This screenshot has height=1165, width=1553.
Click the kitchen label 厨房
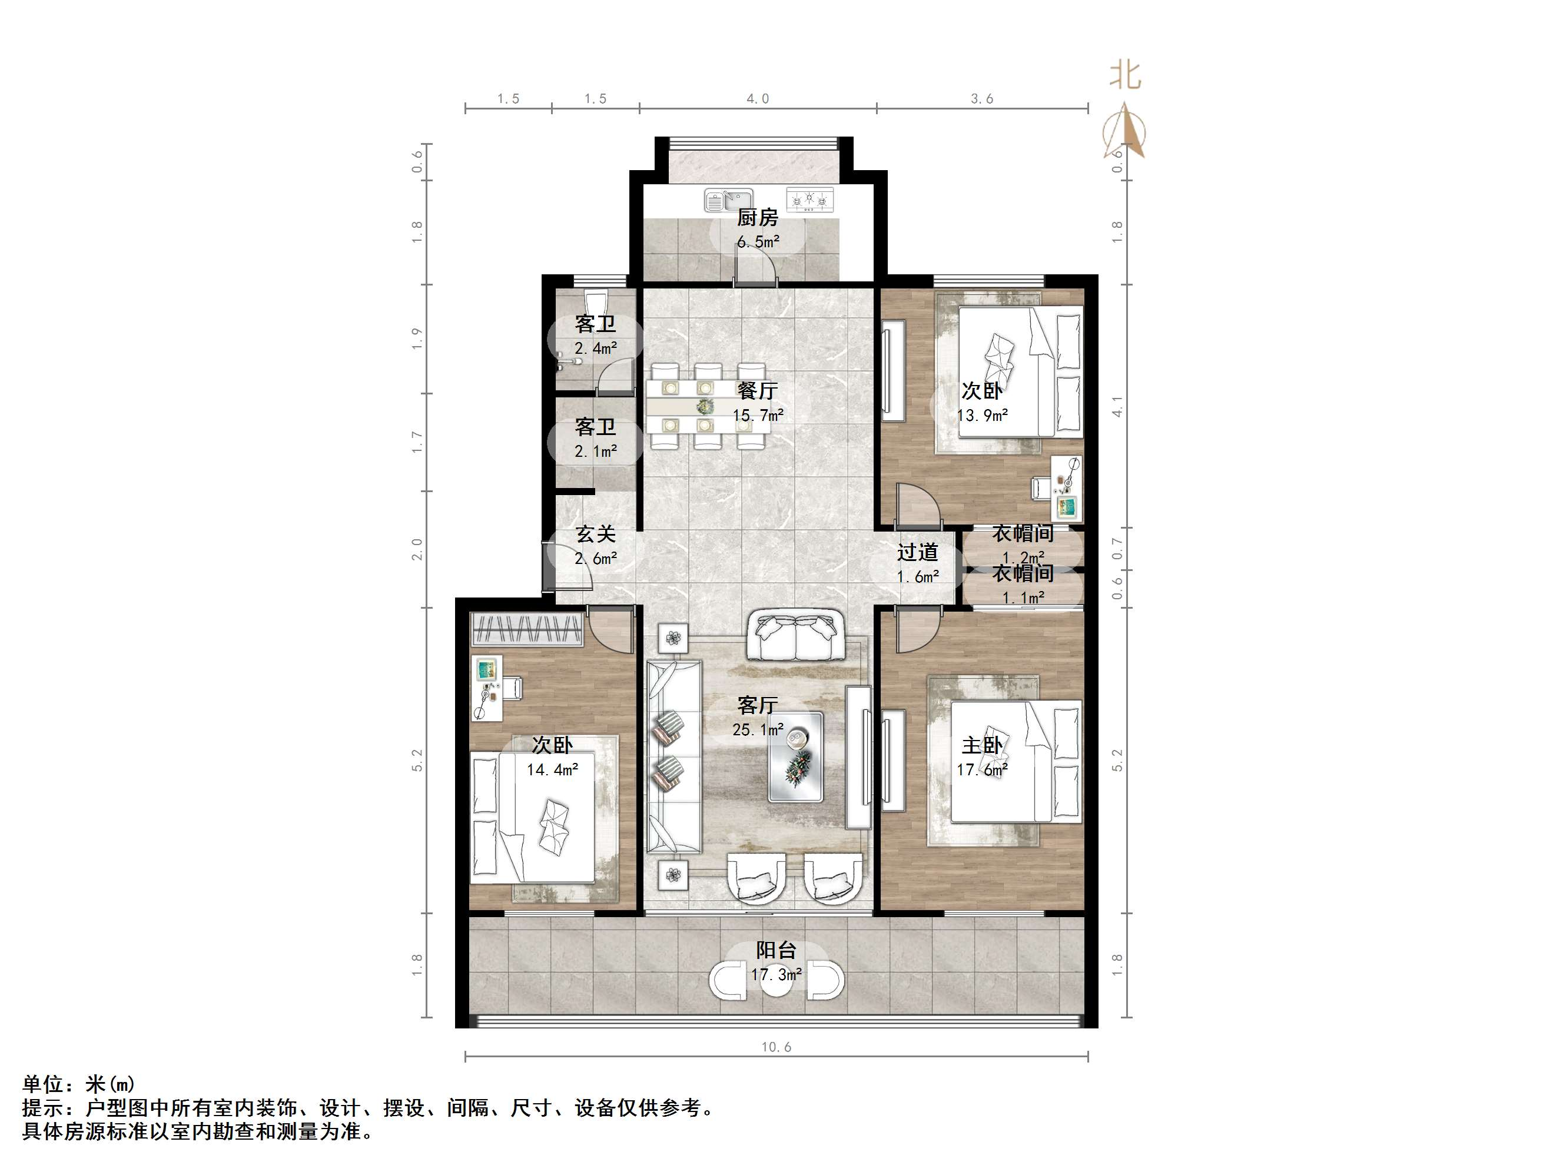pyautogui.click(x=758, y=218)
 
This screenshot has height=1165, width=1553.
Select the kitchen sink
pyautogui.click(x=728, y=201)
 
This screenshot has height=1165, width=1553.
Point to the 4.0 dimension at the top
pyautogui.click(x=758, y=99)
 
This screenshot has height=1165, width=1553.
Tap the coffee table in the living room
pyautogui.click(x=795, y=757)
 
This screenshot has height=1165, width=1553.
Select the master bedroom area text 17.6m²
pyautogui.click(x=982, y=769)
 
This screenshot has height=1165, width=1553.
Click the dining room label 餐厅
pyautogui.click(x=758, y=390)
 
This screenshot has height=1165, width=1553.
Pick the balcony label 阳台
pyautogui.click(x=776, y=950)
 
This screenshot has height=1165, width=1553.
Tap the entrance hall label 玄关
pyautogui.click(x=595, y=534)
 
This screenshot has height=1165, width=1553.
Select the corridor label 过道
pyautogui.click(x=917, y=552)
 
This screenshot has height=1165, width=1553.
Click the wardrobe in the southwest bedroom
pyautogui.click(x=526, y=629)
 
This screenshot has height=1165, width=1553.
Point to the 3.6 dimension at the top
pyautogui.click(x=981, y=99)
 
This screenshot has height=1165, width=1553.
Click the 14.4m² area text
pyautogui.click(x=553, y=769)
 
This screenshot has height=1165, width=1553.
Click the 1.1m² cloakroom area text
pyautogui.click(x=1022, y=598)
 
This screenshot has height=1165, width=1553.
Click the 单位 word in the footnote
pyautogui.click(x=44, y=1084)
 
